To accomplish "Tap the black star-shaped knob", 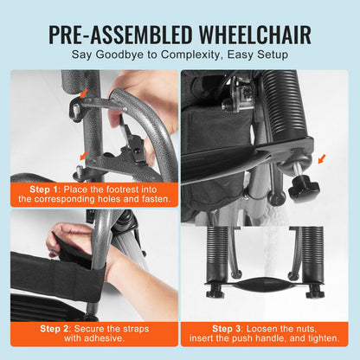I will tap(303, 187).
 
